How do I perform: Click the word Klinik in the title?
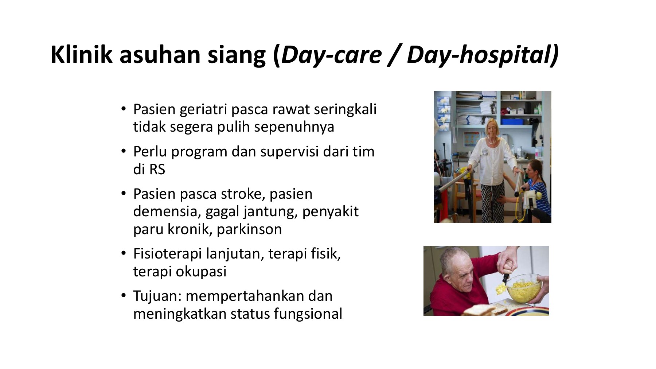point(81,55)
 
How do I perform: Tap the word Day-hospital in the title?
point(482,55)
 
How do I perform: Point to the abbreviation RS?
point(157,170)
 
